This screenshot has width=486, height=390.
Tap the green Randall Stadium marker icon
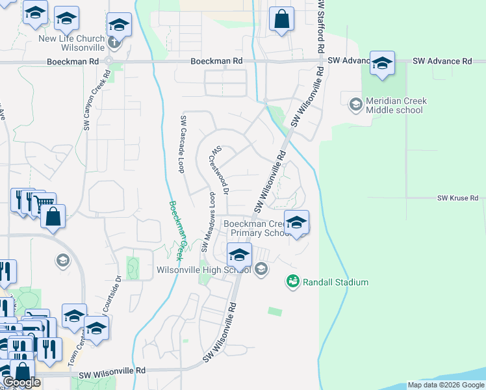tap(292, 282)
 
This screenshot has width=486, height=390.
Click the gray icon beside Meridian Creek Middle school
tap(355, 104)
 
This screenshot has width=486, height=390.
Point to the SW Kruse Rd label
tap(457, 198)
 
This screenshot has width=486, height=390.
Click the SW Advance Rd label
tap(400, 61)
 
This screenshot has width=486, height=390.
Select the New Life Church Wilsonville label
tap(71, 43)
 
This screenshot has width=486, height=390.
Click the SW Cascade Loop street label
tap(183, 144)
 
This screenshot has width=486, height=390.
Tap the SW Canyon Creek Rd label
tap(96, 103)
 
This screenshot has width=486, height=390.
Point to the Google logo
tap(21, 382)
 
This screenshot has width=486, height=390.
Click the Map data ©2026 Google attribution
tap(446, 385)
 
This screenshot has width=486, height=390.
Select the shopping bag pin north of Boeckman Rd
tap(281, 19)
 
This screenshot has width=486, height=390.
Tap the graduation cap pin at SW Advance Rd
tap(382, 63)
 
